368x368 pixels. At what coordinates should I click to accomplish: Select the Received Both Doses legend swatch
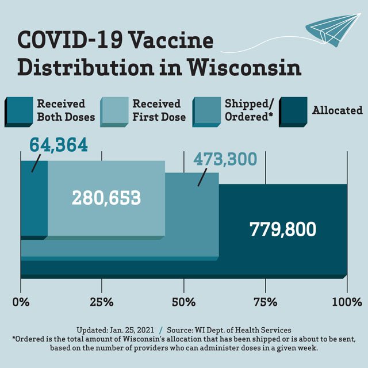pos(19,110)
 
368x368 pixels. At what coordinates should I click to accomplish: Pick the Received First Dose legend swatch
pos(113,110)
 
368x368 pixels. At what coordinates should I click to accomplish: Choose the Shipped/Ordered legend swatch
pos(206,110)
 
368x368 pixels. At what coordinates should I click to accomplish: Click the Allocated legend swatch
pos(293,110)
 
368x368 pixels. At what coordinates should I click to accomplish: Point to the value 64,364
pos(58,144)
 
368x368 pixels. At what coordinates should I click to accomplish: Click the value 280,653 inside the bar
pos(106,198)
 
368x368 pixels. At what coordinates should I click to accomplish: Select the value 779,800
pos(282,229)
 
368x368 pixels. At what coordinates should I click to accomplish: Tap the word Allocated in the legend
pos(338,110)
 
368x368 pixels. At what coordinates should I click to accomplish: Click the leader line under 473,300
pos(202,178)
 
